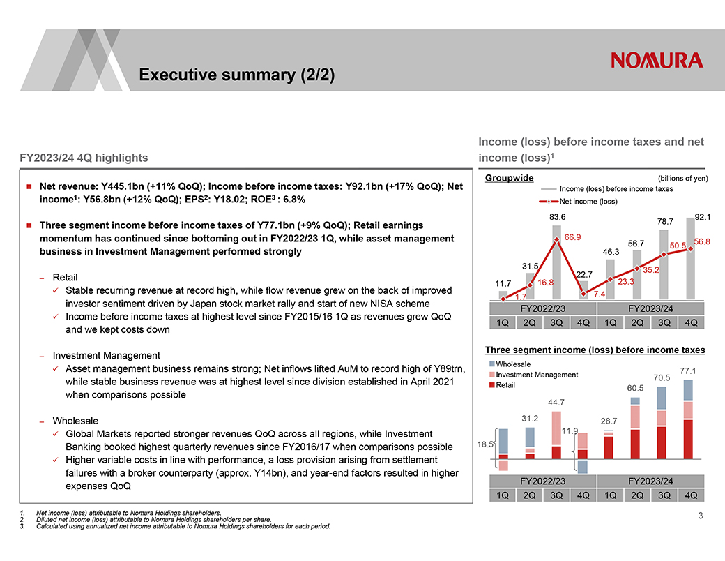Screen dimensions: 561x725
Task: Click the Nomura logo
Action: [657, 61]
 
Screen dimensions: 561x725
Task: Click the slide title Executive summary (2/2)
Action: [236, 75]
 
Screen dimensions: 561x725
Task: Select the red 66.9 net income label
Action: [572, 237]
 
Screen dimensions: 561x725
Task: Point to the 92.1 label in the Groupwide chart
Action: [701, 218]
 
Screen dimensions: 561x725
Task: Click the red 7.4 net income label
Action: [600, 294]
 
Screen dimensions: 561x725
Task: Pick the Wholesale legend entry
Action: [512, 364]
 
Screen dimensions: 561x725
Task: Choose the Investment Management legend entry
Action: [536, 375]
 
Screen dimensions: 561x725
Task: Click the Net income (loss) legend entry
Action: [588, 202]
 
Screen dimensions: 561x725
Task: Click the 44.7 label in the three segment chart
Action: [556, 402]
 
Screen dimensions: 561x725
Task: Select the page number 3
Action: [701, 516]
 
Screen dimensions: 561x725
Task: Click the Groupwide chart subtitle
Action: [509, 178]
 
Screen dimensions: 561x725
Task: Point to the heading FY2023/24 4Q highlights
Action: [84, 158]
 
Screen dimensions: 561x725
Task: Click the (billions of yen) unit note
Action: [682, 178]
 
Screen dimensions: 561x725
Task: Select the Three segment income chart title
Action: [595, 350]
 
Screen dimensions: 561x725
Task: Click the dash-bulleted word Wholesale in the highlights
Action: [75, 421]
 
